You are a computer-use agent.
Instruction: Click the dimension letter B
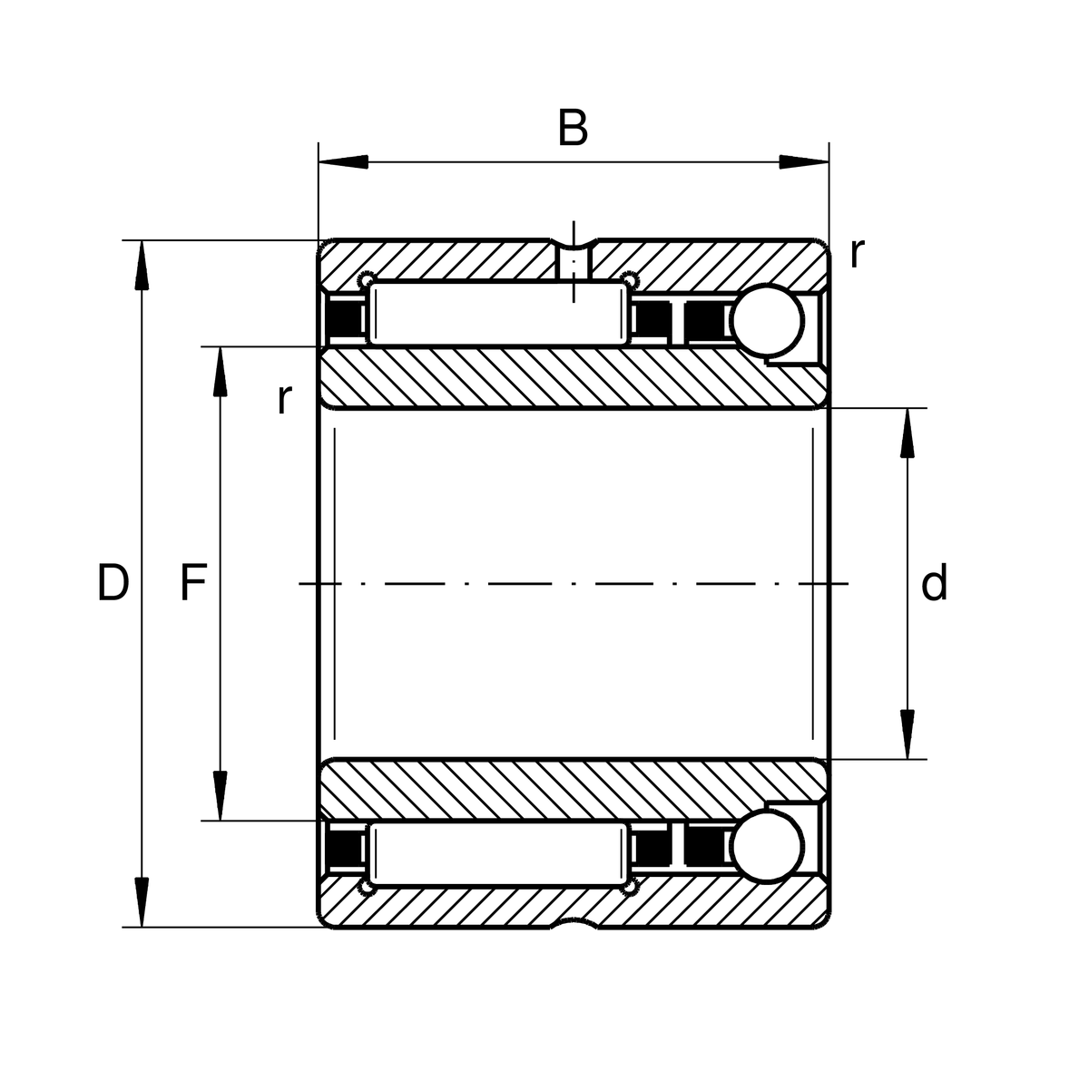pyautogui.click(x=573, y=129)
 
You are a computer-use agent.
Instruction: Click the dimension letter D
pyautogui.click(x=113, y=583)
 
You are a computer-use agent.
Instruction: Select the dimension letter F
pyautogui.click(x=192, y=583)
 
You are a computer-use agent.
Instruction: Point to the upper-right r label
pyautogui.click(x=856, y=254)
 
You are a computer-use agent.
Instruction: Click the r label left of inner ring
pyautogui.click(x=285, y=398)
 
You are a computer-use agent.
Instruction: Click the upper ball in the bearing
pyautogui.click(x=768, y=320)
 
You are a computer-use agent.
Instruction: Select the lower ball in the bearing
pyautogui.click(x=768, y=847)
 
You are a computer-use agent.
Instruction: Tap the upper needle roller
pyautogui.click(x=498, y=313)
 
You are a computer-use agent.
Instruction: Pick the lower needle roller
pyautogui.click(x=498, y=855)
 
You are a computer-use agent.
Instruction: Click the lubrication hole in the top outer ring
pyautogui.click(x=573, y=262)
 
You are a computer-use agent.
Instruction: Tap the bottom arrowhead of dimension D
pyautogui.click(x=142, y=901)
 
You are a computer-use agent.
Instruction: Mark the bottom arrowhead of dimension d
pyautogui.click(x=907, y=734)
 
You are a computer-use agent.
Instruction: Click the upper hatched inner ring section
pyautogui.click(x=572, y=377)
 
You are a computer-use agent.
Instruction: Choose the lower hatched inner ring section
pyautogui.click(x=572, y=789)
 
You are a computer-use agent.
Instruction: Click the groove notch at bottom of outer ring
pyautogui.click(x=573, y=922)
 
